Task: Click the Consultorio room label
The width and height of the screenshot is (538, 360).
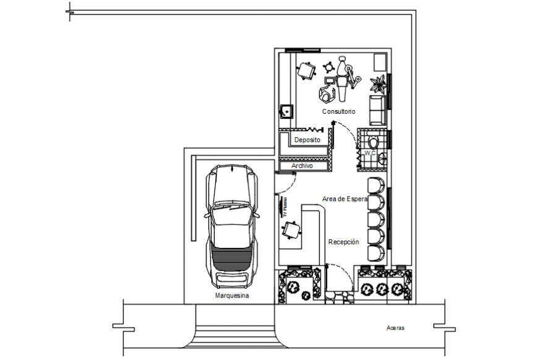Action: click(x=338, y=112)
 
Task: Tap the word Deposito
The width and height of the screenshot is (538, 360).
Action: click(x=307, y=140)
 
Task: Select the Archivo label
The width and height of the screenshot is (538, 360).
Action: click(x=302, y=166)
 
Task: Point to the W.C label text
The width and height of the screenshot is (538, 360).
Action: click(x=370, y=153)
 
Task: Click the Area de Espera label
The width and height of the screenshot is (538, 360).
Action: click(x=344, y=199)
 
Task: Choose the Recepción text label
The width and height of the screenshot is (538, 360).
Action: click(x=343, y=242)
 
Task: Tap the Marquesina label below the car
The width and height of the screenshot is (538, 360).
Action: click(x=231, y=296)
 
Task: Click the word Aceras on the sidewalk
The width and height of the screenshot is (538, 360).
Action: click(x=395, y=328)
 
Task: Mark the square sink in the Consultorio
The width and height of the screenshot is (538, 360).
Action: click(x=286, y=111)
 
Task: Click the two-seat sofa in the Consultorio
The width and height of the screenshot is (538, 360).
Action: click(x=377, y=109)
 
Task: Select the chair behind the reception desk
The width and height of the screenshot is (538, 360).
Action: click(x=290, y=230)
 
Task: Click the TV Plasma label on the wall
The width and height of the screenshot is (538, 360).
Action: click(x=285, y=207)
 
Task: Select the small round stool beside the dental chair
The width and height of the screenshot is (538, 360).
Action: click(x=328, y=66)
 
